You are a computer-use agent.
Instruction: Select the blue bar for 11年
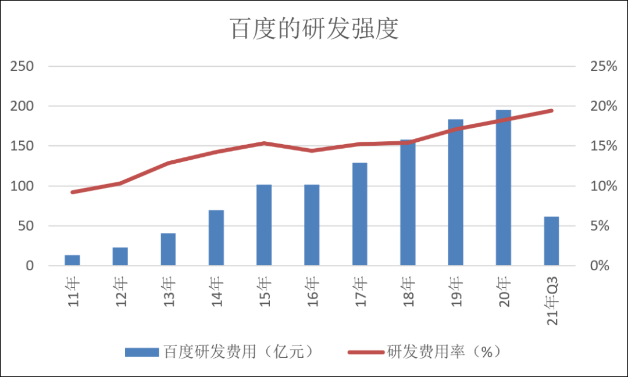tap(73, 260)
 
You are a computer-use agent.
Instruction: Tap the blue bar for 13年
tap(168, 250)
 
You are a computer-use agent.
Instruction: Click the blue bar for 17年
tap(360, 214)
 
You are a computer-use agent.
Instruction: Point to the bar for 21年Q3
tap(551, 241)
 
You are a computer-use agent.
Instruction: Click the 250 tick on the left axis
tap(22, 66)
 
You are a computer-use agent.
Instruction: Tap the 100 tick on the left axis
tap(22, 186)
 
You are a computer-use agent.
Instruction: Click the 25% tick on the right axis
tap(603, 66)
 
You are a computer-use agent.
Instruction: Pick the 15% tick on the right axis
tap(603, 146)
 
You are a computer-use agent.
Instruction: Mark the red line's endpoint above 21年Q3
tap(551, 110)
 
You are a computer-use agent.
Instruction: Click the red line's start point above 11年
tap(73, 192)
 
